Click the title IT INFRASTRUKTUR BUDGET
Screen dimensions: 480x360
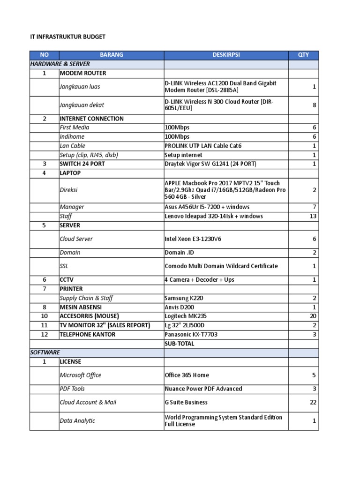click(68, 37)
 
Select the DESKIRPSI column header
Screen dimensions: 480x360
click(226, 55)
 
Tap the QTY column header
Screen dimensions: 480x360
click(303, 55)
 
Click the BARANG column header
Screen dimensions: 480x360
click(112, 55)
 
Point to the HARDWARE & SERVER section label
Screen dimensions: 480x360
click(60, 64)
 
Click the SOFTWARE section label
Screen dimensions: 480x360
click(45, 352)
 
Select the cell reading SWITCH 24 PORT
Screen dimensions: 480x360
click(82, 164)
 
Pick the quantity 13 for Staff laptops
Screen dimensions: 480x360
click(313, 216)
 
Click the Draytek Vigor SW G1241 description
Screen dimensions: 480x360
click(210, 164)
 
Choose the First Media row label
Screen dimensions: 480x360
click(75, 127)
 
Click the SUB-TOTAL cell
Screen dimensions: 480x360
click(180, 344)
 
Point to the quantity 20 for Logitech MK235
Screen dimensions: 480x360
click(313, 316)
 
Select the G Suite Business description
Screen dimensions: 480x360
click(186, 402)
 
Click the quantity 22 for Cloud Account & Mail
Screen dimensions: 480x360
click(313, 402)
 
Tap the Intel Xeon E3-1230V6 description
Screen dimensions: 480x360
click(193, 239)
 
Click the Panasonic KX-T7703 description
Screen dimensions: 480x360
click(191, 335)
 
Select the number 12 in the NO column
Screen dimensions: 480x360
click(45, 335)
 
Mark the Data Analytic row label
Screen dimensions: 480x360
click(77, 420)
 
